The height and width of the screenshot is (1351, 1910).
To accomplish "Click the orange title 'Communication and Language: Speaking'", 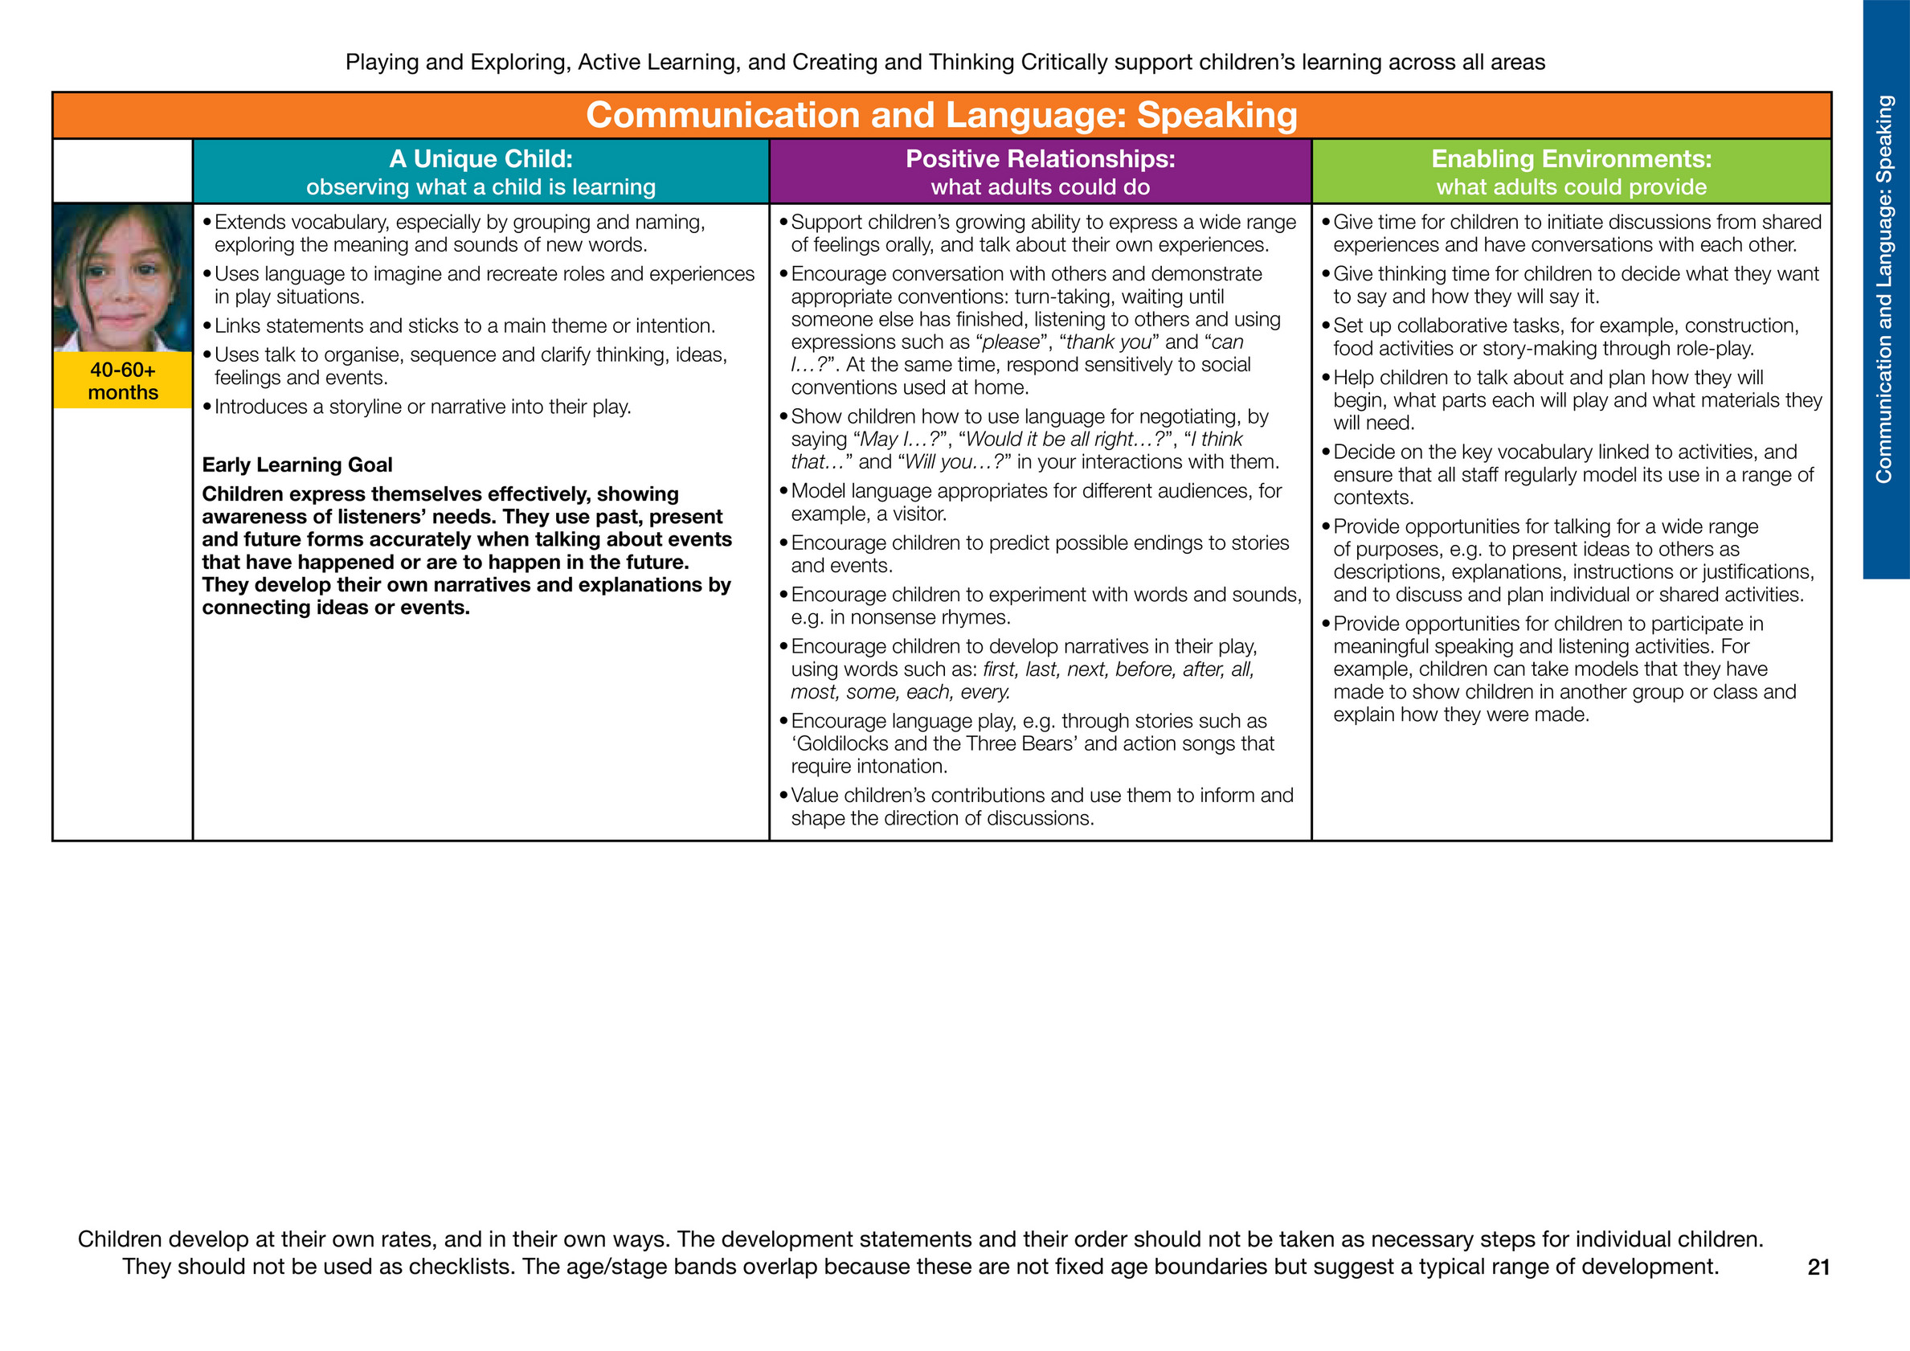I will [941, 115].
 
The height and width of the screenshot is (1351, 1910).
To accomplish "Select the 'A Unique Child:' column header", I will [480, 159].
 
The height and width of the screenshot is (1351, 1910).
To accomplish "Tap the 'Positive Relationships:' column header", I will [1040, 159].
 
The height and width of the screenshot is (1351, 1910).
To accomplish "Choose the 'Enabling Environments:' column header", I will [1571, 159].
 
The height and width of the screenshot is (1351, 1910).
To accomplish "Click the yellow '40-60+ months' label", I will [122, 381].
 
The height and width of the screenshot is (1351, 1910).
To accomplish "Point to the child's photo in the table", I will [122, 277].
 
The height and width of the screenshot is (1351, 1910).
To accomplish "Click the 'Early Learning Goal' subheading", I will [297, 465].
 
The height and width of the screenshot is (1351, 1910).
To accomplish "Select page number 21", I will [1818, 1267].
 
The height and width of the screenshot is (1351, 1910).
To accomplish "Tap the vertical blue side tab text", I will [1884, 289].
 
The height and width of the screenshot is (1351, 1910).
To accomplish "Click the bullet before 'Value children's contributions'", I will [783, 796].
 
